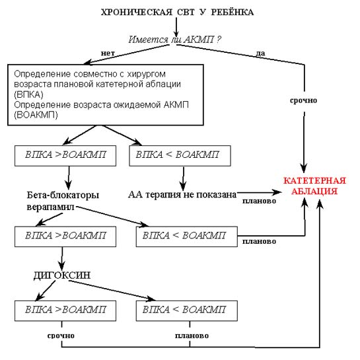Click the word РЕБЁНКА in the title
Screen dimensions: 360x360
232,12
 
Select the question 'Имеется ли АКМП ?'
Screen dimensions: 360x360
175,40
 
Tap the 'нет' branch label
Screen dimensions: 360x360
108,53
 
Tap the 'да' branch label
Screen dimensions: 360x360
260,54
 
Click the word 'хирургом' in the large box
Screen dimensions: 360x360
146,74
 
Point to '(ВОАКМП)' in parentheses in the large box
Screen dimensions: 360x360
36,115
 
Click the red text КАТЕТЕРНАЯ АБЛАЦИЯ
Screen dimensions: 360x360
314,186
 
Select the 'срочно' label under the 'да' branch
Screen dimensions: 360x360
303,100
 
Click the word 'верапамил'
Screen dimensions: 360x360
50,207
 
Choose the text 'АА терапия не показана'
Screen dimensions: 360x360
182,194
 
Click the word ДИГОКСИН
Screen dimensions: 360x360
62,275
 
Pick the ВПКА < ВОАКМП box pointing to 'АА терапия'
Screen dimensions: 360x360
180,156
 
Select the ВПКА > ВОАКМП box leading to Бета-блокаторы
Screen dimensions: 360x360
65,156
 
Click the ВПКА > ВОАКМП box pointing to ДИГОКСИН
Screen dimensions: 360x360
65,236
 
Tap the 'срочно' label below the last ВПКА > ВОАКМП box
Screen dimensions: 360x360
61,336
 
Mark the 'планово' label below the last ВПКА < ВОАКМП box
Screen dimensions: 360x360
192,336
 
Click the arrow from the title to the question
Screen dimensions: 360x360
176,27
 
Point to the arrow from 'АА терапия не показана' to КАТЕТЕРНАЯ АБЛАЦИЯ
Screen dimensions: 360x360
259,192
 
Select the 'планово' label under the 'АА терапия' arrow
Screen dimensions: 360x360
259,201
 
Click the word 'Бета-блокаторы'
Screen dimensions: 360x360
63,195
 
